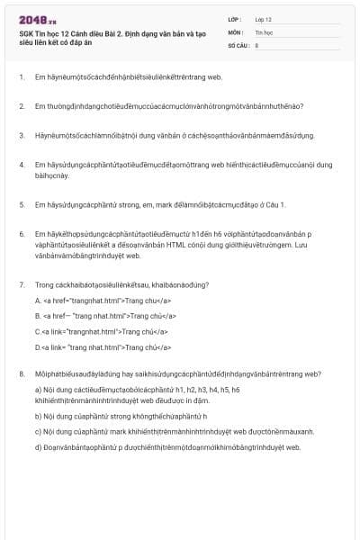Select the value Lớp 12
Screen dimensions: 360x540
tap(264, 18)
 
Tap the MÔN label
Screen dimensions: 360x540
tap(234, 31)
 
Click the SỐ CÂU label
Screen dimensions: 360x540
tap(237, 43)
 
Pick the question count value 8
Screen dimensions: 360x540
tap(257, 43)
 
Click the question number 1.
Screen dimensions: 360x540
tap(21, 77)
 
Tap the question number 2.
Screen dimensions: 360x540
tap(21, 106)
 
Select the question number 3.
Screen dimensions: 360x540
tap(21, 136)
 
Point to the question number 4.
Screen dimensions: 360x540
tap(21, 165)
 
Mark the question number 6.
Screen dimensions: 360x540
tap(21, 234)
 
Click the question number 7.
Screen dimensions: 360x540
tap(21, 284)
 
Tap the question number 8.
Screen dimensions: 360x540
tap(21, 373)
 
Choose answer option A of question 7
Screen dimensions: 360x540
tap(38, 300)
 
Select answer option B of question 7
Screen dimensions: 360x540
tap(38, 315)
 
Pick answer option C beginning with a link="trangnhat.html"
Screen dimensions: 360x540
tap(37, 330)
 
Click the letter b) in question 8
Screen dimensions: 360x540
tap(38, 417)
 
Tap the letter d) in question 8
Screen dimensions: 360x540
tap(38, 446)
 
